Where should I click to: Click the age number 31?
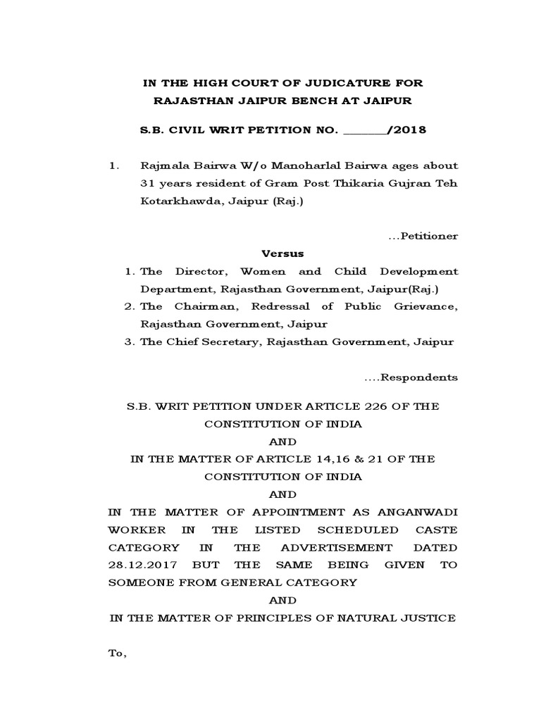point(148,183)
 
